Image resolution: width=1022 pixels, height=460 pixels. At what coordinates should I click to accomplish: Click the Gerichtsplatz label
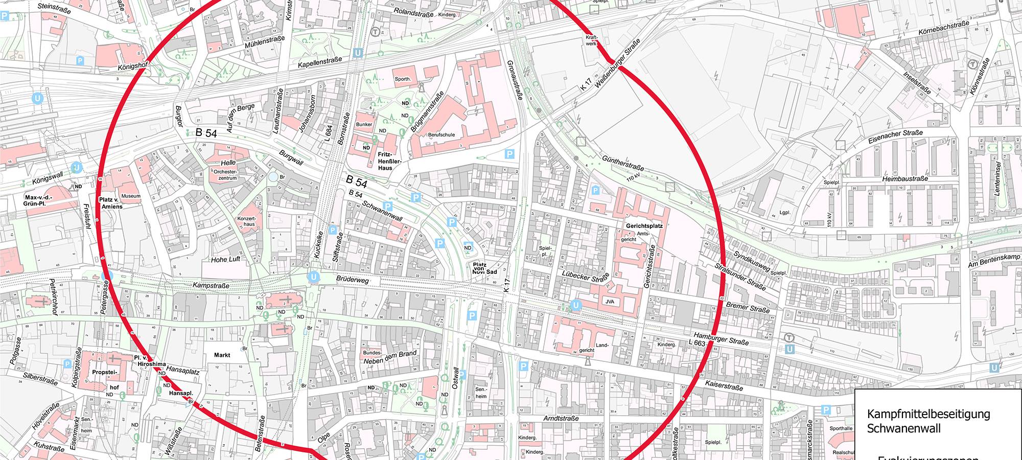pos(644,225)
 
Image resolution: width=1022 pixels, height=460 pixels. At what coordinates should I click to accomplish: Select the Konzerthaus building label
pos(246,221)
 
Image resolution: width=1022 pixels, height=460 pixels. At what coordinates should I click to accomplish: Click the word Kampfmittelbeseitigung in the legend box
pos(928,414)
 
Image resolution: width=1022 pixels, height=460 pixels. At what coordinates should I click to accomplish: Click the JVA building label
pos(610,302)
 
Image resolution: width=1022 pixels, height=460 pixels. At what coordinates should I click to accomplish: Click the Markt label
pos(222,355)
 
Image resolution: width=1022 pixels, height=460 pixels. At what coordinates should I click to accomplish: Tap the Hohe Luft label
pos(225,260)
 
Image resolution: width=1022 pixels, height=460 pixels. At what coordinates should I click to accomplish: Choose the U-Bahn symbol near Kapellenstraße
pos(358,52)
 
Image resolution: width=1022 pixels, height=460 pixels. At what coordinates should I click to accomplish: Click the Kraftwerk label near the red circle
pos(591,40)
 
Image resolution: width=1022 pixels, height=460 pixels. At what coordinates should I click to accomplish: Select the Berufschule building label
pos(442,135)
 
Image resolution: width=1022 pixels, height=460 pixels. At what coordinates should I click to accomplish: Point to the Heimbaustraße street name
pos(904,179)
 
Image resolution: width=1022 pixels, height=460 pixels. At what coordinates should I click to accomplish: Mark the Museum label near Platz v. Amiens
pos(131,196)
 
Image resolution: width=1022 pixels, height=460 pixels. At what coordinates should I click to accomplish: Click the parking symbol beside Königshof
pos(80,61)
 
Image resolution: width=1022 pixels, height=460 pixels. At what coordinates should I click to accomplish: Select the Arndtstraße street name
pos(561,418)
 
